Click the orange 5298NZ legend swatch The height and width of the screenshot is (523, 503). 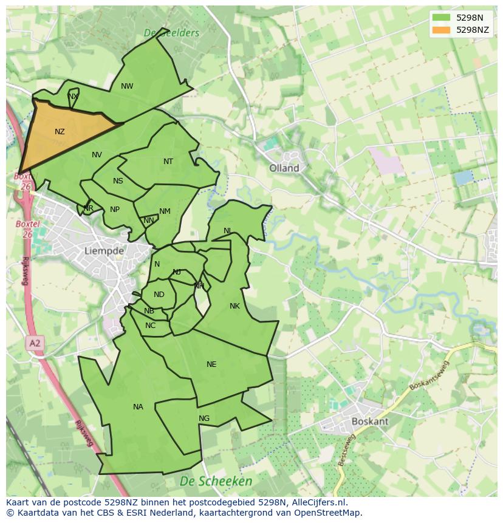[x=442, y=30]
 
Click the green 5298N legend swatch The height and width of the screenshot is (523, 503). [x=442, y=18]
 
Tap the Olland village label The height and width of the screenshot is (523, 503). [x=284, y=168]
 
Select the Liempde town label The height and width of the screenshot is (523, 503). [x=104, y=250]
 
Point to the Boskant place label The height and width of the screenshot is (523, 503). [x=370, y=421]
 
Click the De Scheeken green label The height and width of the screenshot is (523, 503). [x=216, y=481]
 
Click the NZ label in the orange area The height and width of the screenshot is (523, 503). [x=60, y=132]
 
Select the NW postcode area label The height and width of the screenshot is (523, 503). [x=127, y=86]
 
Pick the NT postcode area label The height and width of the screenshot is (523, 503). [x=168, y=162]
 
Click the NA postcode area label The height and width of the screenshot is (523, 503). [x=138, y=407]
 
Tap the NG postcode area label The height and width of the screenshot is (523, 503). [x=204, y=419]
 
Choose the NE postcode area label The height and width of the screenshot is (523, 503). [x=211, y=364]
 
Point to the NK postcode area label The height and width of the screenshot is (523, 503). [x=234, y=306]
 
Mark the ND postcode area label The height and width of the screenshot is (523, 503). [x=159, y=295]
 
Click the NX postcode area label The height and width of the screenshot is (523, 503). [x=73, y=97]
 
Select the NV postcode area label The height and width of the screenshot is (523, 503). [x=97, y=155]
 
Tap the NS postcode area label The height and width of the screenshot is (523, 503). [x=118, y=181]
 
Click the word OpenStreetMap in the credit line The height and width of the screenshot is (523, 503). [x=326, y=513]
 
